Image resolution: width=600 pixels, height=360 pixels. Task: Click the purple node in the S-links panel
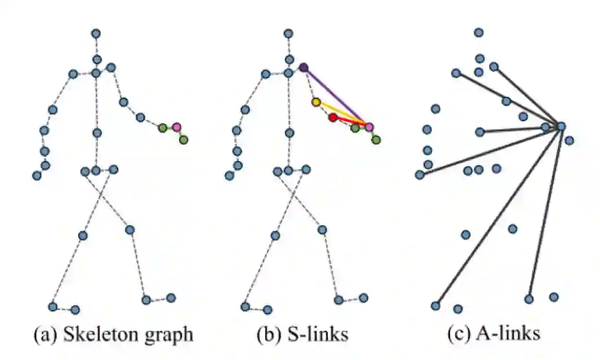(304, 68)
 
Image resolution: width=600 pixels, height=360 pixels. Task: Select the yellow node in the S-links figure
(316, 102)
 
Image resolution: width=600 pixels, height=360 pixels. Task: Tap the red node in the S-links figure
(333, 117)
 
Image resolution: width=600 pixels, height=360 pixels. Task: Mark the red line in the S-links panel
(351, 121)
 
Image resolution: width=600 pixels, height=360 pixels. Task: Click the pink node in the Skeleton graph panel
(176, 126)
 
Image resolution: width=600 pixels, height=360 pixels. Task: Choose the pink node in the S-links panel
(369, 126)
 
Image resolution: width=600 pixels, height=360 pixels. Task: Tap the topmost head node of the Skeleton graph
(96, 34)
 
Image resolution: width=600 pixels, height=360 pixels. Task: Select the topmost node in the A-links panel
(478, 32)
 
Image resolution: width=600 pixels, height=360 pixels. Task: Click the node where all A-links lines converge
(561, 126)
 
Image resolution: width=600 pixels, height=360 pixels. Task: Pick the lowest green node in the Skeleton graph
(183, 140)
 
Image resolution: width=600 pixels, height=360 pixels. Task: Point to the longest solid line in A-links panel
(498, 215)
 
